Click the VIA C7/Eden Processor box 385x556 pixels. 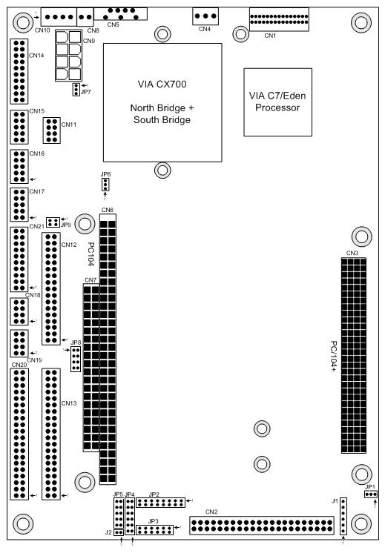pyautogui.click(x=278, y=102)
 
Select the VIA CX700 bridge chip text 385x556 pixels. pyautogui.click(x=162, y=102)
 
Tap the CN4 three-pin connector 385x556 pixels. pyautogui.click(x=205, y=16)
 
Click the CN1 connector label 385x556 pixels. pyautogui.click(x=270, y=36)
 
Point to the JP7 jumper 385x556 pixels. pyautogui.click(x=76, y=90)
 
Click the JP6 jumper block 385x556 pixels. pyautogui.click(x=105, y=185)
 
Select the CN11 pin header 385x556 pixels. pyautogui.click(x=52, y=130)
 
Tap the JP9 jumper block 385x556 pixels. pyautogui.click(x=53, y=222)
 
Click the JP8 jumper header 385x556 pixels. pyautogui.click(x=76, y=359)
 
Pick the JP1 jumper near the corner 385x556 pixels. pyautogui.click(x=371, y=494)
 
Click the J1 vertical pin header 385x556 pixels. pyautogui.click(x=343, y=516)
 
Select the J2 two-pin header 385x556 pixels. pyautogui.click(x=119, y=532)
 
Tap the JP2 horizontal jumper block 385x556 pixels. pyautogui.click(x=161, y=503)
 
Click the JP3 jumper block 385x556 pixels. pyautogui.click(x=155, y=530)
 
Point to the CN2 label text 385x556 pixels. pyautogui.click(x=211, y=512)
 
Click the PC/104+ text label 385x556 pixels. pyautogui.click(x=334, y=357)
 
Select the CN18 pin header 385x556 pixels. pyautogui.click(x=19, y=311)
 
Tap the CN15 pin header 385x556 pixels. pyautogui.click(x=19, y=127)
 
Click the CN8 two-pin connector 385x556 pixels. pyautogui.click(x=85, y=16)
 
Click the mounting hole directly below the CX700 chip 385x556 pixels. pyautogui.click(x=162, y=171)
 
